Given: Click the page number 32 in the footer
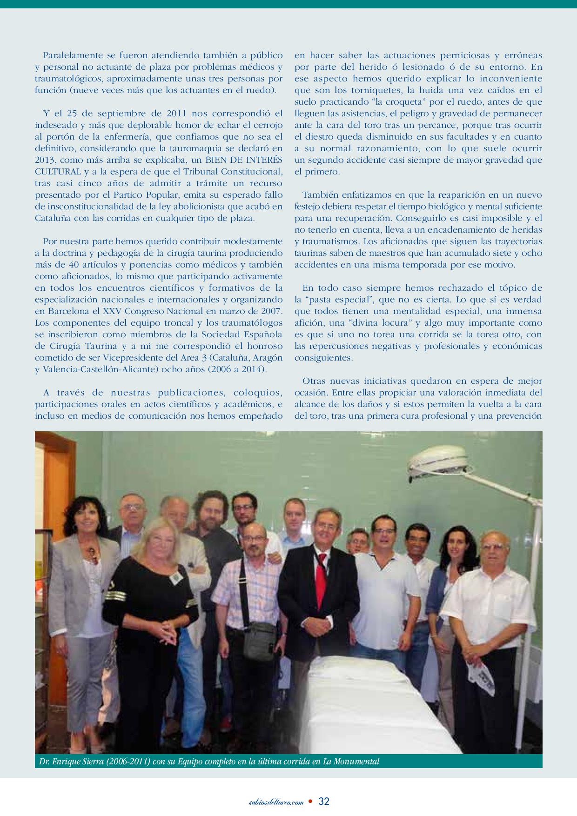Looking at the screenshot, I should [x=324, y=801].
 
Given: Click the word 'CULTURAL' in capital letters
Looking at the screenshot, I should [x=53, y=172].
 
